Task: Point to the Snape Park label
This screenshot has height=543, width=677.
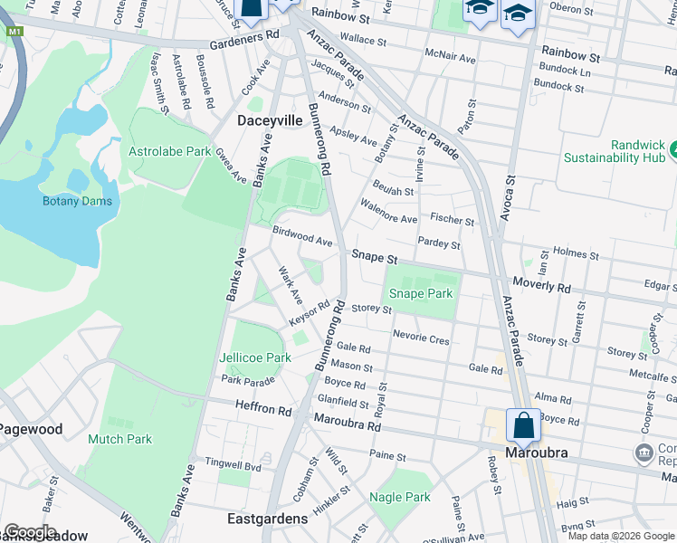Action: (x=420, y=294)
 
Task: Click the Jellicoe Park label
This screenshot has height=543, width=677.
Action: (x=255, y=357)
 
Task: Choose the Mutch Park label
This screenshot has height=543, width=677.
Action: (x=119, y=439)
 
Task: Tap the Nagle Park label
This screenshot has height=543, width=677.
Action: (x=400, y=497)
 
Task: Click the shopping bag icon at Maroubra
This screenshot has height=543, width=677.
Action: (x=523, y=424)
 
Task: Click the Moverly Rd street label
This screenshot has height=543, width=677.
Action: (x=541, y=287)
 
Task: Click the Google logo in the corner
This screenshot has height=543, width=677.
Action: (x=29, y=531)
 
